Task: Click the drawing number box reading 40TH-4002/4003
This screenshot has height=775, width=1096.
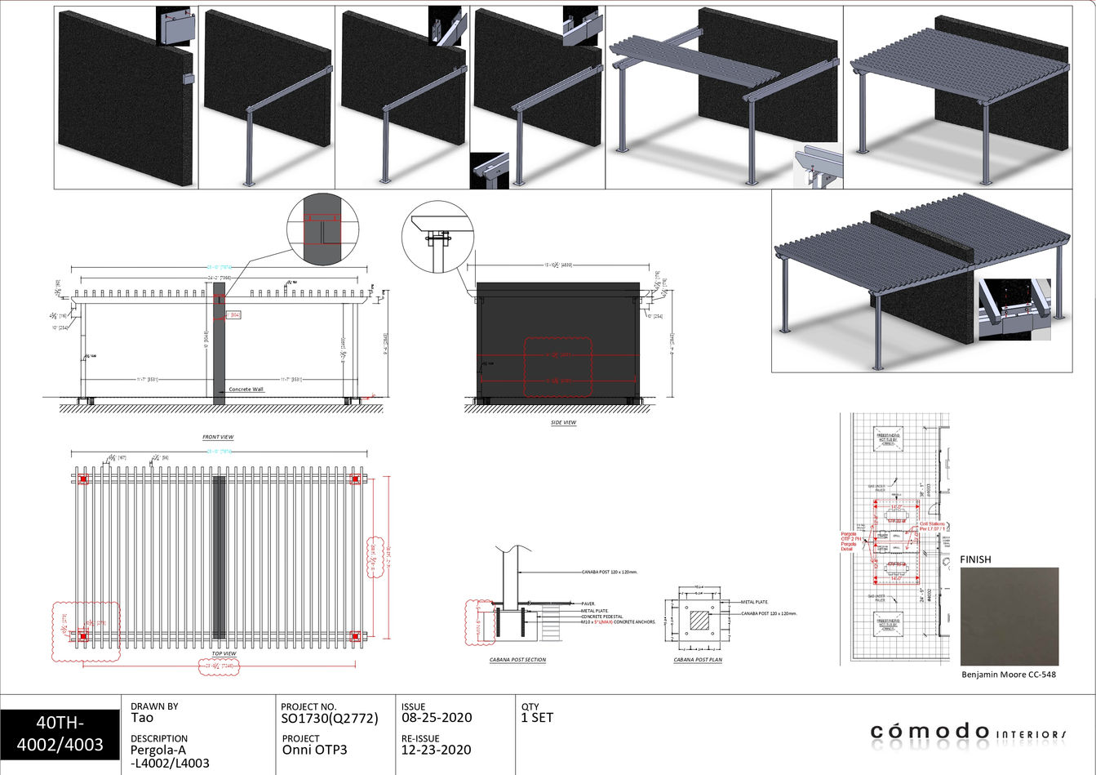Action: [x=59, y=733]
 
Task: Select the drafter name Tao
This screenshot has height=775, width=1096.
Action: [x=142, y=718]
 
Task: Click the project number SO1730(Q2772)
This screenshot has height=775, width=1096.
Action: [x=329, y=719]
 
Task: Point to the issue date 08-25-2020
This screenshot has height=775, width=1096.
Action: [x=437, y=719]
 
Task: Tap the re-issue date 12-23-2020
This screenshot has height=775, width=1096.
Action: [x=437, y=750]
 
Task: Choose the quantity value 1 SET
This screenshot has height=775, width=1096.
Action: [x=537, y=718]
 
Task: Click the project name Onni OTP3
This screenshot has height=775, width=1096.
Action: [x=314, y=750]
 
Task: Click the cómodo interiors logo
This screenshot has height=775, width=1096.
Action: [x=968, y=731]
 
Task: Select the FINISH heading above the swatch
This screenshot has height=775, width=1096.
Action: [x=975, y=559]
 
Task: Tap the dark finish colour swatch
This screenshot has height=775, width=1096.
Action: [x=1009, y=617]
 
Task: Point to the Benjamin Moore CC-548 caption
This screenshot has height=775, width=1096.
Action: [x=1009, y=675]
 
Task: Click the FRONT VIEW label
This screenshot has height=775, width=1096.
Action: [x=218, y=438]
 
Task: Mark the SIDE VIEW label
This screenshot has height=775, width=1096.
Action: [x=563, y=423]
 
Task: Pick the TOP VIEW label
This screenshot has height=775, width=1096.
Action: [x=224, y=653]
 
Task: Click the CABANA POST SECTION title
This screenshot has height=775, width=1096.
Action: [x=517, y=660]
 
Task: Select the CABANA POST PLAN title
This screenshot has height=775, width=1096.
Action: [x=698, y=660]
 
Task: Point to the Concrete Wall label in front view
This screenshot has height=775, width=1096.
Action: [x=246, y=390]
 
